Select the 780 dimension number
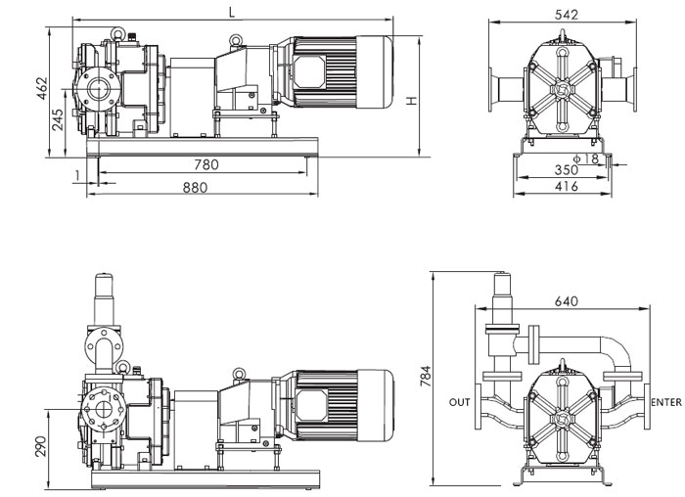205,164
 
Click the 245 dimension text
60,119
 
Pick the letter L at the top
231,13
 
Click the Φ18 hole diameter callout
587,158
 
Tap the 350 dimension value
566,170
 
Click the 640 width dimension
565,301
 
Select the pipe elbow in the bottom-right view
616,351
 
